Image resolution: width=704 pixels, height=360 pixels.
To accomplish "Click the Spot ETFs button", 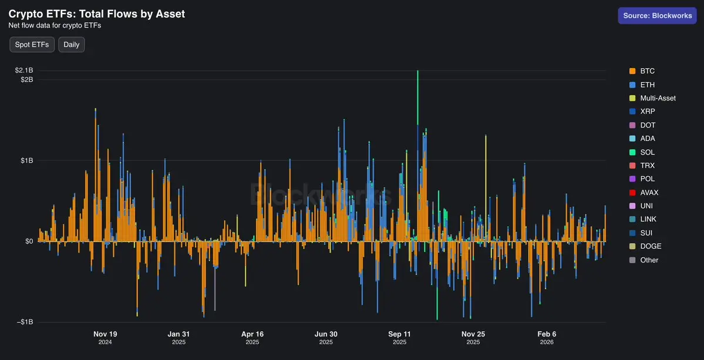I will click(x=32, y=45).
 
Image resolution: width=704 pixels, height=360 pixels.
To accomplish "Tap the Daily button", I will click(x=71, y=45).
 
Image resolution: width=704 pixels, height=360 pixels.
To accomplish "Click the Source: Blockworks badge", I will click(x=657, y=16).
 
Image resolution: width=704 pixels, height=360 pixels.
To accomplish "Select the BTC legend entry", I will click(x=647, y=71).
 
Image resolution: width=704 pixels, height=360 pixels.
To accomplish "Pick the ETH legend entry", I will click(x=647, y=85).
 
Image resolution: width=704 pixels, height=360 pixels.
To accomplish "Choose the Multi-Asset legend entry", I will click(x=658, y=98).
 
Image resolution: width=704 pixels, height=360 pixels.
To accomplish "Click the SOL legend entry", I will click(x=647, y=152).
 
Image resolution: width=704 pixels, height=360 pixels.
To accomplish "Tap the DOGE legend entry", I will click(x=651, y=246).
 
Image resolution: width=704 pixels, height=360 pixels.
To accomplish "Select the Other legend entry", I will click(x=649, y=260).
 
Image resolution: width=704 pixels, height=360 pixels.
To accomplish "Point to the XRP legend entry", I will click(x=648, y=112).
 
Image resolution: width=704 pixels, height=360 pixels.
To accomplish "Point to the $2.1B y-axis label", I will click(x=24, y=70).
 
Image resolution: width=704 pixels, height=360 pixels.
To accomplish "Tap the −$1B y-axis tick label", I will click(x=24, y=322).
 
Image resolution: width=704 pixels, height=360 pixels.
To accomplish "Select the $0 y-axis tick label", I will click(x=28, y=241).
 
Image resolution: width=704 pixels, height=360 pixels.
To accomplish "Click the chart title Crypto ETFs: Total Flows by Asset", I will click(x=96, y=14).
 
